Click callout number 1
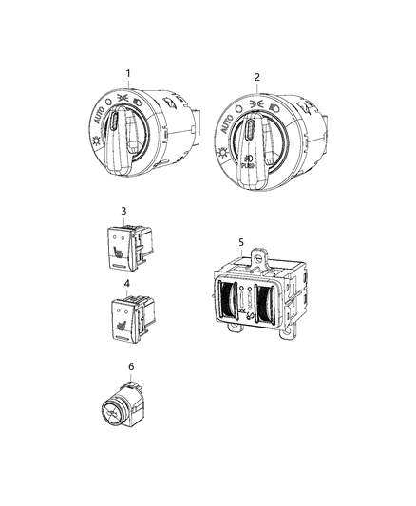point(128,74)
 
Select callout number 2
point(256,77)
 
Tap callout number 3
point(123,211)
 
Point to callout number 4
point(127,284)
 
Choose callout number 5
point(241,242)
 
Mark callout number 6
point(131,366)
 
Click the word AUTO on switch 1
point(100,115)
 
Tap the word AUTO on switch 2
point(227,123)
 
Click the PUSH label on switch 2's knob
point(249,165)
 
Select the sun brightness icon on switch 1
point(96,141)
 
